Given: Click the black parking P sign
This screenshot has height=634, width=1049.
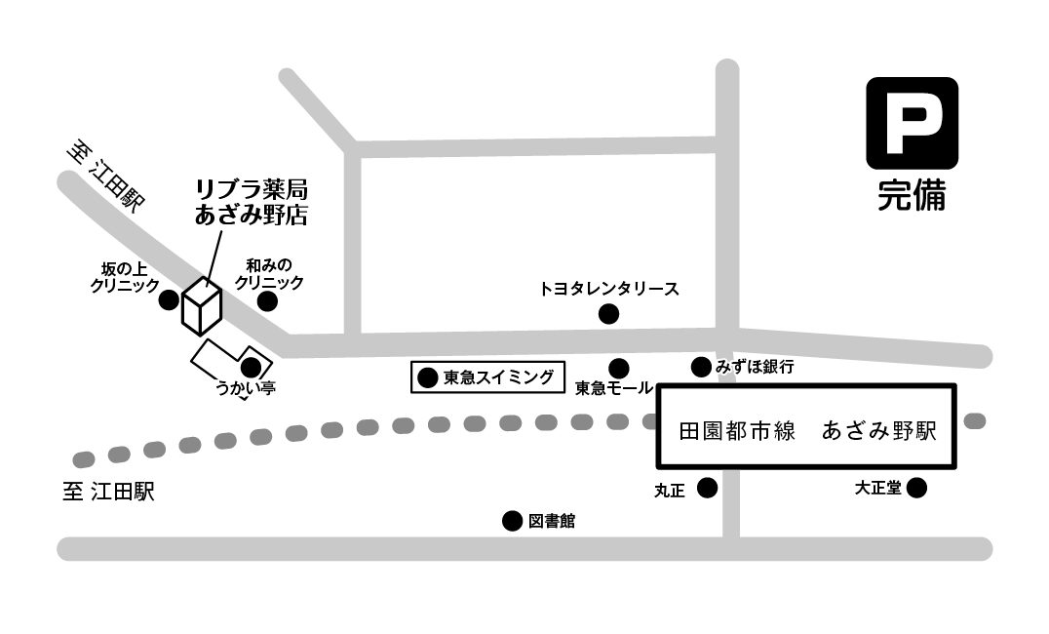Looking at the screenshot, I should tap(912, 122).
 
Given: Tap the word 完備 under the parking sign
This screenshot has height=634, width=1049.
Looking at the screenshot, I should tap(912, 196).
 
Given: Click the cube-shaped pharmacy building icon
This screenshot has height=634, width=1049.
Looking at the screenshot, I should tap(202, 305).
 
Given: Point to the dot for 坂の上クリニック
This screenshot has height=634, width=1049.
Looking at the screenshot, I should tap(169, 299).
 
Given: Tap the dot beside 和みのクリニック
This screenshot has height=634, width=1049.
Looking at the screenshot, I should tap(266, 300).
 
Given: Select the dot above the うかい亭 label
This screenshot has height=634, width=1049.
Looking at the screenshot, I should tap(251, 368).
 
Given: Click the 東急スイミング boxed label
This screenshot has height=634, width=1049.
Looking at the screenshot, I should tap(487, 377).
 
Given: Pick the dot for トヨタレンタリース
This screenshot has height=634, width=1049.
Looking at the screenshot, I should tap(608, 314).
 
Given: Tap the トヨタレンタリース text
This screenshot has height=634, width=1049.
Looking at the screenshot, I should tap(608, 289).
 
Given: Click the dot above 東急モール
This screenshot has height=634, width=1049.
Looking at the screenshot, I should tap(619, 368).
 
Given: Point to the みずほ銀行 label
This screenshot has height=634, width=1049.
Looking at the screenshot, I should tap(755, 368).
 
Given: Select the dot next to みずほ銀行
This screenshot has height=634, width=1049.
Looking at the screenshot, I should tap(701, 368).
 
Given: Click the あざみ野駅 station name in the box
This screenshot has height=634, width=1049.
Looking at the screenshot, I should tap(879, 430).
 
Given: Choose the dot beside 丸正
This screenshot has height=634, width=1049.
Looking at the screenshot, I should tap(707, 488).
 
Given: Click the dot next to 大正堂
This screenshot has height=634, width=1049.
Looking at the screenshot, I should tap(917, 488).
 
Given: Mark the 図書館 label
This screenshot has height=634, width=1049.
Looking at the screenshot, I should tap(552, 522).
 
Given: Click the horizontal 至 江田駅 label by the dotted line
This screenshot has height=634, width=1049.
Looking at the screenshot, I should tap(108, 492).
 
